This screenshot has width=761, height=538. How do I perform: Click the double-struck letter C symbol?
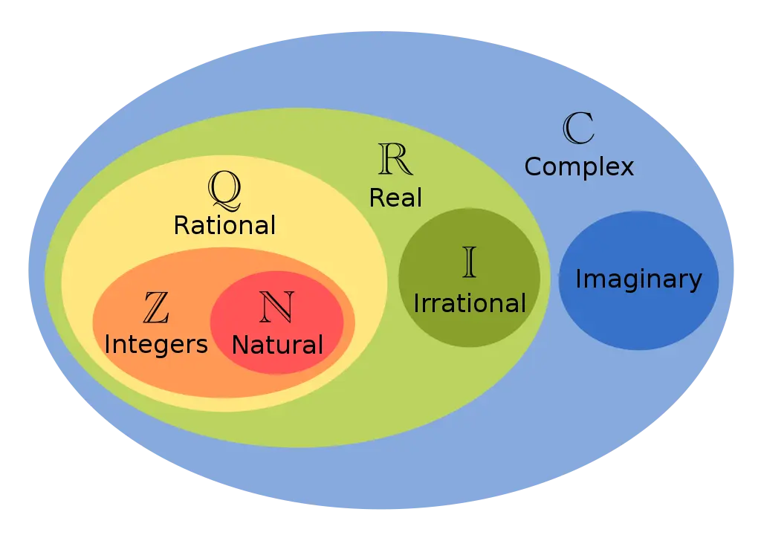578,128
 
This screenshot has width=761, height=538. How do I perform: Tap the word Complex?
579,168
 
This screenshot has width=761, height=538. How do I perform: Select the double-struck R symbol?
395,159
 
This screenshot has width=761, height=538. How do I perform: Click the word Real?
395,198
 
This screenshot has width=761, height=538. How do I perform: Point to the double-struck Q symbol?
224,191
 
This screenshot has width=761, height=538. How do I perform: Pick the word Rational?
224,226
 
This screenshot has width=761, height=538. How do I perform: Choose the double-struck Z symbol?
156,308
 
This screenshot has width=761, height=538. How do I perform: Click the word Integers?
156,346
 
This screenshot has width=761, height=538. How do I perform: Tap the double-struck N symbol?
277,307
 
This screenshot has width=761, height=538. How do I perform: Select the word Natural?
277,345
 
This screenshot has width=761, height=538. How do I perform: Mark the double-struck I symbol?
470,262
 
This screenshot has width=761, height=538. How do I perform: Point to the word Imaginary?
638,280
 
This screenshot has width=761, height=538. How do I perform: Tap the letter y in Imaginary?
696,283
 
